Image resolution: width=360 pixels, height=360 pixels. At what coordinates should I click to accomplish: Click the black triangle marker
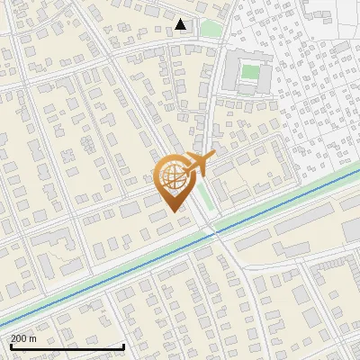click(x=182, y=24)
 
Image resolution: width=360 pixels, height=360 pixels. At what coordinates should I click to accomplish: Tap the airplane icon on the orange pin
click(x=198, y=164)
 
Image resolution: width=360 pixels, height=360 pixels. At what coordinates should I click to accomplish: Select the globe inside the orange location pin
click(x=171, y=176)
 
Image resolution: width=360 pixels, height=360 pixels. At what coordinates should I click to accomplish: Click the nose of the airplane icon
click(x=213, y=156)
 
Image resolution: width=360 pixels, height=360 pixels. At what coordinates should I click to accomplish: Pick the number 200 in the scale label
click(x=20, y=338)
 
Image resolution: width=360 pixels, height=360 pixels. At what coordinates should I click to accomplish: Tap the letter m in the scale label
click(x=33, y=338)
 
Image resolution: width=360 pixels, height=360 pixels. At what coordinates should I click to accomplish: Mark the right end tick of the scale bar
click(x=123, y=345)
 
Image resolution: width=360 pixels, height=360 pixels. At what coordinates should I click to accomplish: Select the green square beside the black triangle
click(x=210, y=29)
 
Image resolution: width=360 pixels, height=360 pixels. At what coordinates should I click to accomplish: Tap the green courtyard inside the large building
click(x=248, y=73)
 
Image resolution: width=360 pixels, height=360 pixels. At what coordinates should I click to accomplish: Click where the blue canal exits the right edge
click(x=358, y=174)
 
